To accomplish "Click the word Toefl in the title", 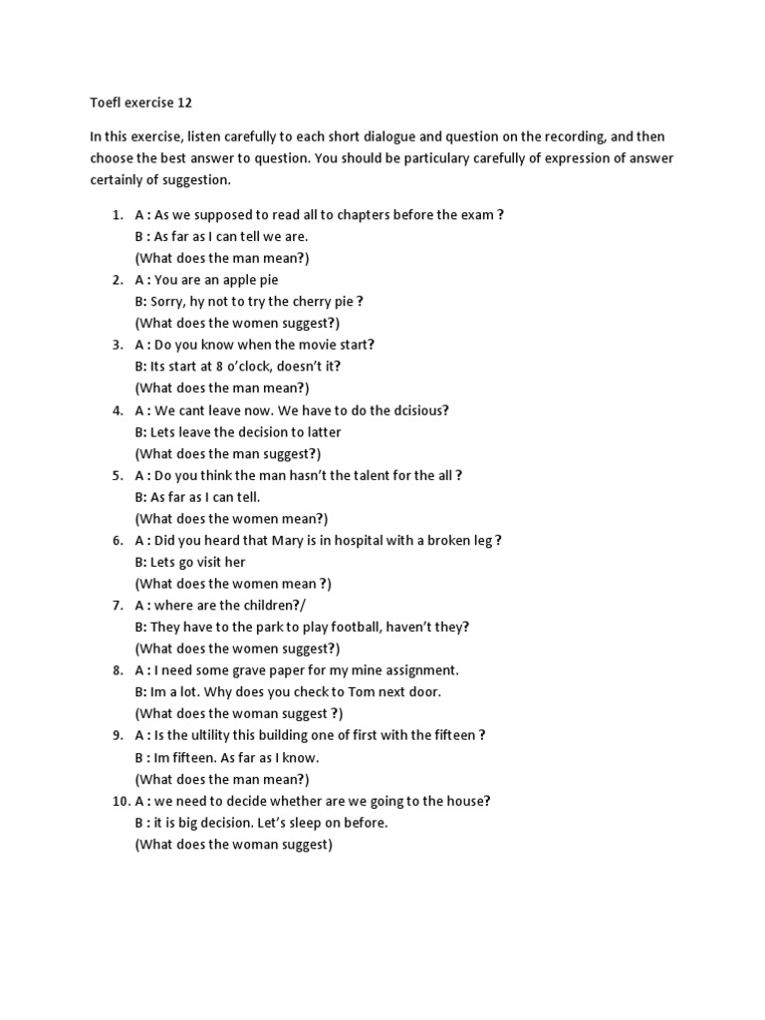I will pyautogui.click(x=108, y=102).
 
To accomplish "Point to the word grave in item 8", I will pyautogui.click(x=244, y=670).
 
